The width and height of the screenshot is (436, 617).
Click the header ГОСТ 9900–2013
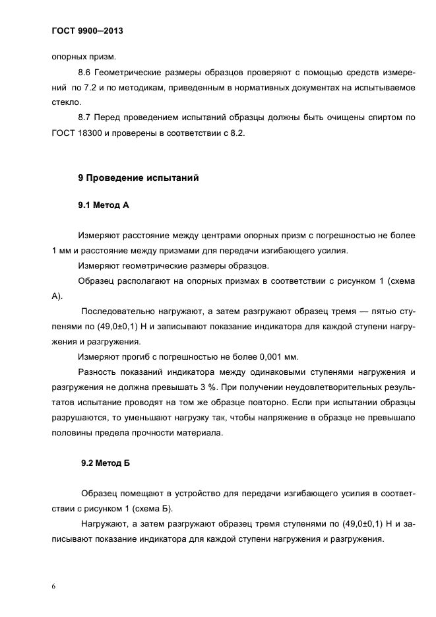tap(87, 30)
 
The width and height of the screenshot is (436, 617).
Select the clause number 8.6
tap(86, 71)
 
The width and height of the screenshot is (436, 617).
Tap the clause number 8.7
tap(86, 118)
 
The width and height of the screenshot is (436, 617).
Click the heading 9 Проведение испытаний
tap(138, 178)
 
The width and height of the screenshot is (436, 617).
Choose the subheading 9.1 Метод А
tap(103, 205)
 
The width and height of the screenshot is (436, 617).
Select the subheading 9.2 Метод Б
tap(105, 463)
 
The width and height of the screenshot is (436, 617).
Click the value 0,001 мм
tap(276, 358)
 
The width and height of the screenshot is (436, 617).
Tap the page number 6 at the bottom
tap(53, 585)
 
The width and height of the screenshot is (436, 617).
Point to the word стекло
tap(65, 102)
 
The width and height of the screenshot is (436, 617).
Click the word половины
tap(72, 434)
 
